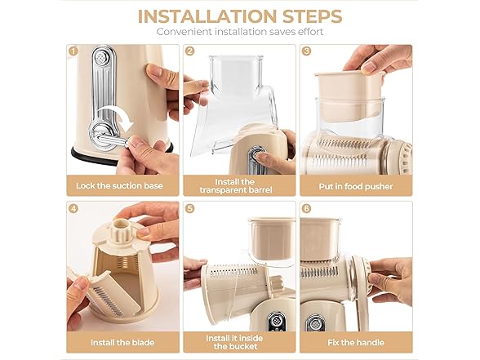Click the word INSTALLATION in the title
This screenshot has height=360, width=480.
click(x=207, y=16)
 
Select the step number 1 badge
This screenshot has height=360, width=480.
click(x=73, y=51)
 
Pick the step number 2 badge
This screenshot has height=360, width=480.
click(x=189, y=51)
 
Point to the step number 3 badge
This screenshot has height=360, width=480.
click(x=306, y=51)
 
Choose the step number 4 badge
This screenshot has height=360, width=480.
click(x=73, y=208)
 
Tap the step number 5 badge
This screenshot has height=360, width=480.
click(x=189, y=208)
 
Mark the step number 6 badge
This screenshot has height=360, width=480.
click(x=306, y=208)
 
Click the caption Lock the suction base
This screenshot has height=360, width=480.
click(x=119, y=186)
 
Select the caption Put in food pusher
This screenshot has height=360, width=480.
click(x=356, y=186)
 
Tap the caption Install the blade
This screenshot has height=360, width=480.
click(x=122, y=343)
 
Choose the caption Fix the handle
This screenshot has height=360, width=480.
click(x=356, y=343)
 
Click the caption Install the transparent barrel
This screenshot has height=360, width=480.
click(x=236, y=186)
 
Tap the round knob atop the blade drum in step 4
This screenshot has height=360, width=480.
click(x=121, y=227)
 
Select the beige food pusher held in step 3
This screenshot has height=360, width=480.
click(x=349, y=95)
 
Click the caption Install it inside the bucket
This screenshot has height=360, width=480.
click(x=234, y=342)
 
